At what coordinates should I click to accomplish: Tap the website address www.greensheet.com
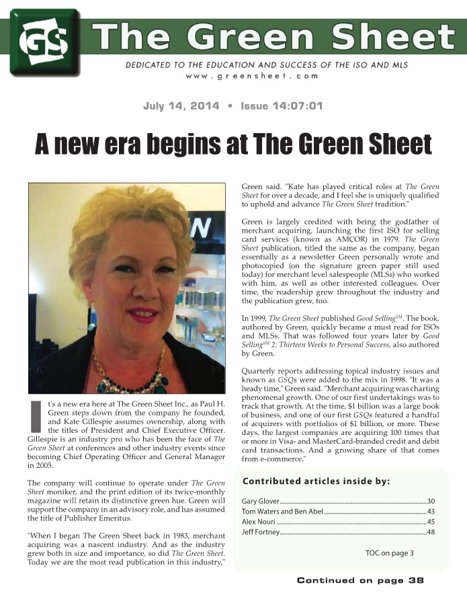point(251,77)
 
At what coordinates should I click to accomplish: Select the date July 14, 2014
point(181,106)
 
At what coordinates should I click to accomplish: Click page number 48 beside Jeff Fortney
point(431,532)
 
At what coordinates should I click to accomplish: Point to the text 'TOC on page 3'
point(390,553)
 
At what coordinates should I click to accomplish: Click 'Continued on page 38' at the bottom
point(360,581)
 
